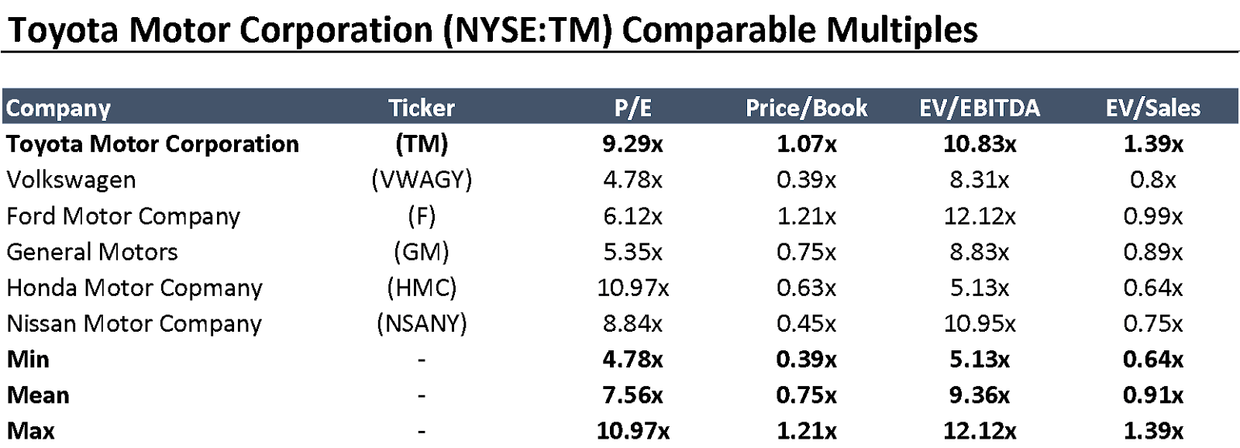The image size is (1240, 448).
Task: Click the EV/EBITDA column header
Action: pyautogui.click(x=980, y=108)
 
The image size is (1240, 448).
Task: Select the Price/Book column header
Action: pyautogui.click(x=806, y=108)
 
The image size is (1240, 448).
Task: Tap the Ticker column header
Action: pyautogui.click(x=422, y=108)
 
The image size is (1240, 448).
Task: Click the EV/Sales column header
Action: pyautogui.click(x=1152, y=108)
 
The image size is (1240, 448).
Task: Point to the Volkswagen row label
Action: pyautogui.click(x=71, y=180)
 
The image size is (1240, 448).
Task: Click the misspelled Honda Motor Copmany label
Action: pyautogui.click(x=134, y=288)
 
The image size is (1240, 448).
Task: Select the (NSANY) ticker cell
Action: pyautogui.click(x=422, y=323)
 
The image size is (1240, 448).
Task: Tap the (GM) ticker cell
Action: pyautogui.click(x=422, y=252)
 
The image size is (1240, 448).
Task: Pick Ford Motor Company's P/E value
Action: pyautogui.click(x=632, y=216)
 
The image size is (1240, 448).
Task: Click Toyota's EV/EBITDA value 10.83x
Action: pyautogui.click(x=980, y=144)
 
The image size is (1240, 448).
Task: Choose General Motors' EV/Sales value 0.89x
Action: pyautogui.click(x=1152, y=252)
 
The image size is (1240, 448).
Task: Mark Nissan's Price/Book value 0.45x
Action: pyautogui.click(x=806, y=323)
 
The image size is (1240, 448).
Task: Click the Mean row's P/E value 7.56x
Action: pyautogui.click(x=632, y=395)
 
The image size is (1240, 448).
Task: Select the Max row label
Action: pyautogui.click(x=31, y=430)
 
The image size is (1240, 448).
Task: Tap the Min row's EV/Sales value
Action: pyautogui.click(x=1152, y=360)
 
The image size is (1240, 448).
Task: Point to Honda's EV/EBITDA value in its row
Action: pyautogui.click(x=980, y=288)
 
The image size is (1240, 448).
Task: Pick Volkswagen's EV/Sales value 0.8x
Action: pyautogui.click(x=1152, y=180)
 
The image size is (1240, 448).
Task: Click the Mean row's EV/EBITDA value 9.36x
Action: pyautogui.click(x=980, y=395)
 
